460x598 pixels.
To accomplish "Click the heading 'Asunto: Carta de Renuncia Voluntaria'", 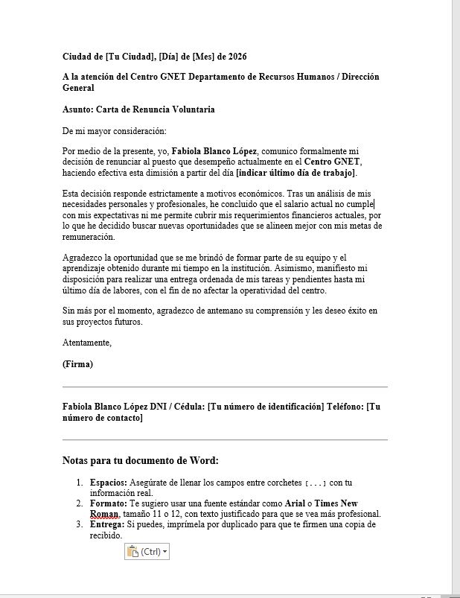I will (x=138, y=109).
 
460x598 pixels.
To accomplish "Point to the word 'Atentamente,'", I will (x=87, y=343).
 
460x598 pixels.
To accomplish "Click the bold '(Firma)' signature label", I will (x=78, y=365).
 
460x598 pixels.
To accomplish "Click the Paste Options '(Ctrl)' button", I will (x=147, y=552).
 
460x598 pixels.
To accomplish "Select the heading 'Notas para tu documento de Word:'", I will (x=140, y=461).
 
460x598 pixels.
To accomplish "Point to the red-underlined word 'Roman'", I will (x=104, y=514).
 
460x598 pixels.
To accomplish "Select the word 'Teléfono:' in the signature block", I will (x=347, y=407).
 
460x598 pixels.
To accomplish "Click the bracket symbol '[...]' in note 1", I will (x=316, y=483).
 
